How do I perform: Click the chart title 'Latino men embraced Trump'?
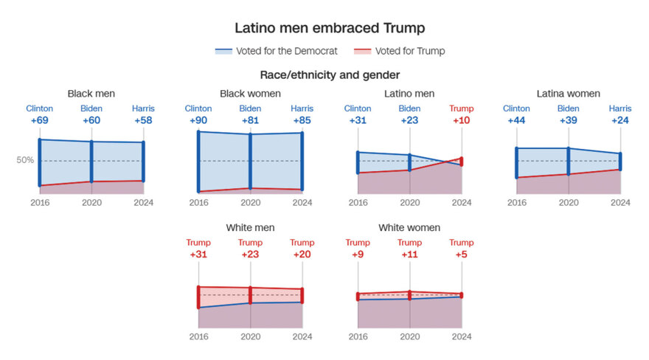click(330, 28)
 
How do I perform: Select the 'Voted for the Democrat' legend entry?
click(280, 51)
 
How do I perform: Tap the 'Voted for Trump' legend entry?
click(409, 51)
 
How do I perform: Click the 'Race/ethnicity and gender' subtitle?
click(330, 75)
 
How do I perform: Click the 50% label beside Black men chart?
click(26, 161)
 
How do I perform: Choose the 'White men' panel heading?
click(251, 228)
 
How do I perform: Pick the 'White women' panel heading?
click(409, 228)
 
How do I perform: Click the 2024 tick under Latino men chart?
click(462, 202)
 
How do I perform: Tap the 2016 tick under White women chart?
click(358, 336)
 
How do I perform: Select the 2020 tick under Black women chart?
click(251, 202)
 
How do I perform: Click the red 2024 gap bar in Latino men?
click(462, 162)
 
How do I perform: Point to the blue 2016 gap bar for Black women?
click(198, 162)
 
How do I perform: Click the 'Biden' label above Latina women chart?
click(569, 108)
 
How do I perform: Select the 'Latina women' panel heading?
click(569, 94)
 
